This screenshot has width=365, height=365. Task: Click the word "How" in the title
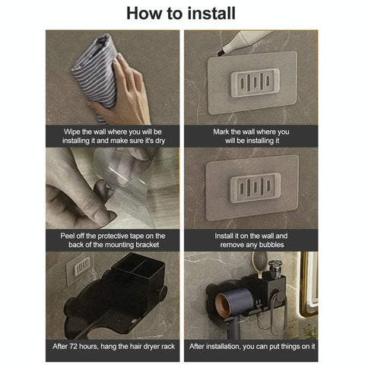144,13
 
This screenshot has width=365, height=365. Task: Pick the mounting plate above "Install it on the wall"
255,186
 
